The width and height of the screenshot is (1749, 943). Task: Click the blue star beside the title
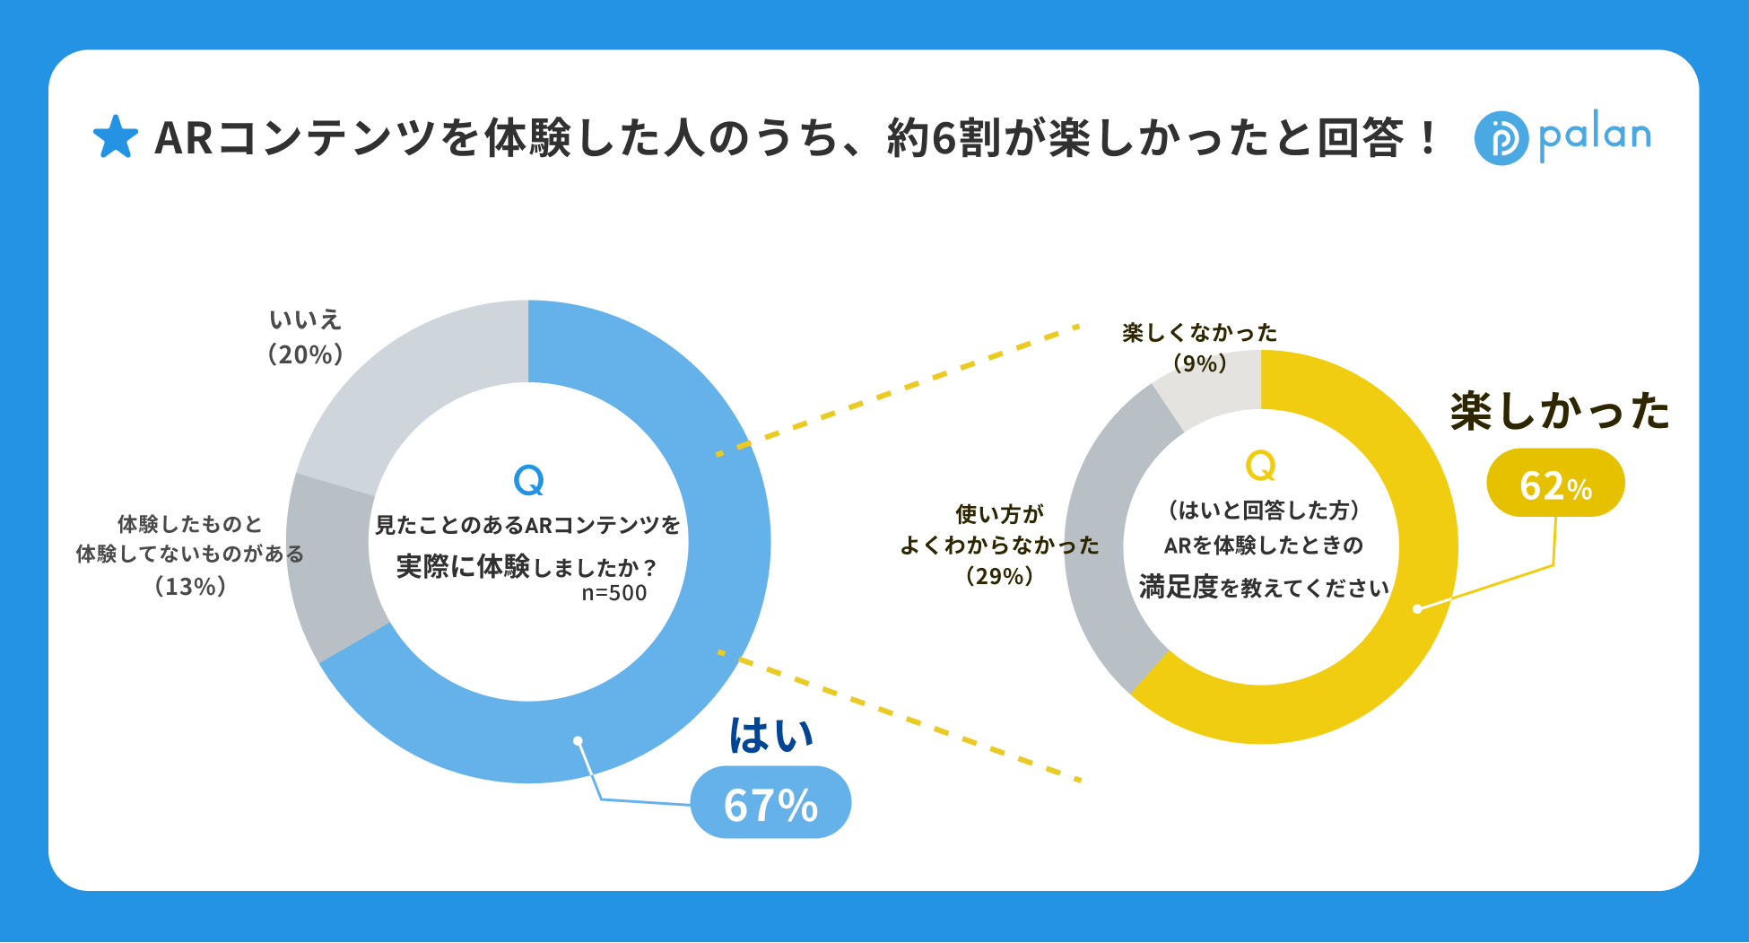click(116, 137)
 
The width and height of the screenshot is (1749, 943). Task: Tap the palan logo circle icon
click(1501, 138)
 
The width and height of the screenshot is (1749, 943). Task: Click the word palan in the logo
click(1595, 136)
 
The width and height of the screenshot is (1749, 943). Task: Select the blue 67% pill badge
click(770, 803)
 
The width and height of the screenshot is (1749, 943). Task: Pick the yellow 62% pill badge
click(1555, 484)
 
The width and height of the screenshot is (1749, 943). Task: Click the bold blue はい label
click(770, 735)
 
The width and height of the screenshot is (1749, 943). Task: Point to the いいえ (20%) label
click(306, 337)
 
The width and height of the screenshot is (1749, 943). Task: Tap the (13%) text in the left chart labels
click(190, 586)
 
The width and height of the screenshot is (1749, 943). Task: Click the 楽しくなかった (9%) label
click(1200, 347)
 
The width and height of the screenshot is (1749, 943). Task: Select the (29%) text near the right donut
click(1000, 576)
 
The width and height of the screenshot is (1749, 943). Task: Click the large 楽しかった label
click(1560, 412)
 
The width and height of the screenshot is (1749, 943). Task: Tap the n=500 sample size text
click(614, 593)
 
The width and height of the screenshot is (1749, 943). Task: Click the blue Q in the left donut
click(528, 481)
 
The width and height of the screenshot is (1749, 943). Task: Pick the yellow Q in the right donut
click(1260, 466)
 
